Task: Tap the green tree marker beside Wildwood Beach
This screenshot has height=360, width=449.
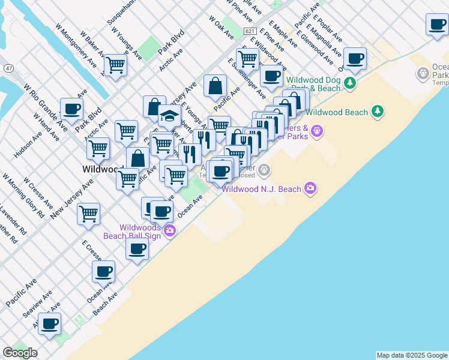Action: [x=377, y=111]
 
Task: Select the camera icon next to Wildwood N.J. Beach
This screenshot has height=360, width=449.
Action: [x=310, y=188]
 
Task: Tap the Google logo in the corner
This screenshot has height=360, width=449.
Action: [x=20, y=353]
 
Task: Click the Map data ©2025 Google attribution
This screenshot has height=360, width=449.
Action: [x=412, y=355]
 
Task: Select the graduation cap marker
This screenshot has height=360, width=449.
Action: [x=170, y=115]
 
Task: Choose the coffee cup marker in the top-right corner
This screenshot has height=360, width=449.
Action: [x=438, y=25]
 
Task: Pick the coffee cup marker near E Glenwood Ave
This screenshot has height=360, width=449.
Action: [x=355, y=58]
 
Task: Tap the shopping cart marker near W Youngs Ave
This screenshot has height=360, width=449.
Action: [x=115, y=64]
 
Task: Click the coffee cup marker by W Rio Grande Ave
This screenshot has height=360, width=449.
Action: [x=71, y=109]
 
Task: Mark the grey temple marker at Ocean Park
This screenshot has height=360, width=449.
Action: [x=423, y=74]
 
